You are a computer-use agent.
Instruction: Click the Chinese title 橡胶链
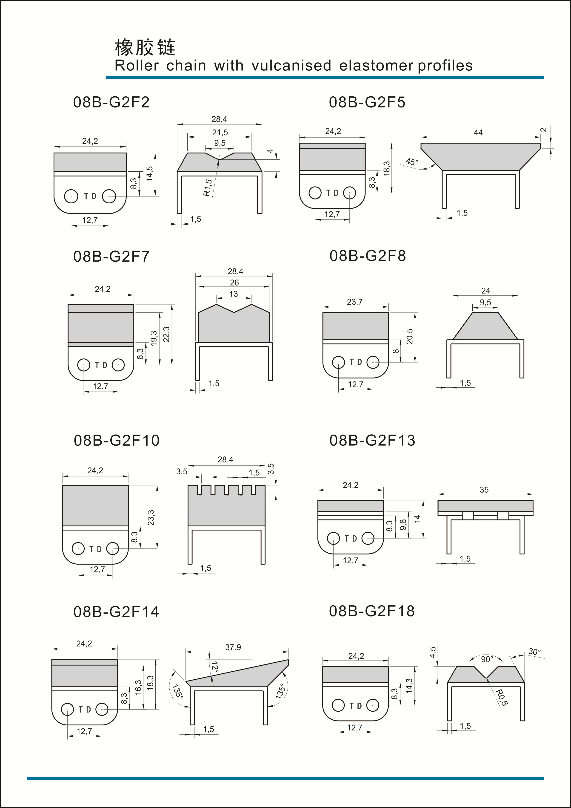click(145, 47)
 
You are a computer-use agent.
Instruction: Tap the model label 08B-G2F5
click(367, 102)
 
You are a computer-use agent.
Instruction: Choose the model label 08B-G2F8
click(367, 256)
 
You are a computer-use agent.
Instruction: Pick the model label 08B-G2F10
click(116, 441)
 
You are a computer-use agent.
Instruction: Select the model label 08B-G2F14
click(116, 612)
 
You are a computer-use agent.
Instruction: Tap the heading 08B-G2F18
click(372, 611)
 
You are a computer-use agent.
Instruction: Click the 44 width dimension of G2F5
click(478, 133)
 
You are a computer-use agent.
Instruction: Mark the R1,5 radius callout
click(207, 188)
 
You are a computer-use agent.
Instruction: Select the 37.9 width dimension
click(233, 647)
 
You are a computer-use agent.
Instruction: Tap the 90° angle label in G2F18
click(487, 659)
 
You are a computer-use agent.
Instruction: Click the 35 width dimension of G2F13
click(484, 490)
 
